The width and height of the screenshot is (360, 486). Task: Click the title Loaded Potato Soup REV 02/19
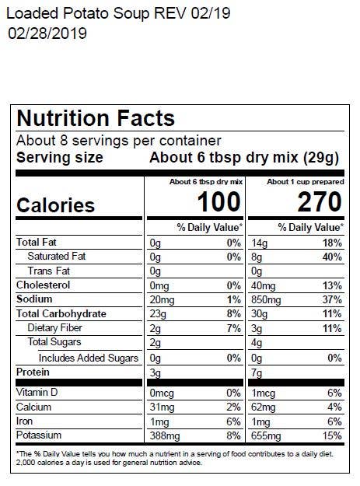112,14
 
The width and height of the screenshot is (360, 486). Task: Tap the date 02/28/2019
47,33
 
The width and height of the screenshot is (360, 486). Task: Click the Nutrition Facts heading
96,118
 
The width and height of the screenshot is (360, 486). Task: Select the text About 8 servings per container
119,141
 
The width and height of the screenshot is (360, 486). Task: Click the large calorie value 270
319,202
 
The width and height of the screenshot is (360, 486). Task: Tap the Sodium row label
35,299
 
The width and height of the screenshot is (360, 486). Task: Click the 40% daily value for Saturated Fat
332,257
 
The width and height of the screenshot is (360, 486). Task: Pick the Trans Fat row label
48,271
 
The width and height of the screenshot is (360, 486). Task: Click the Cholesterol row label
44,285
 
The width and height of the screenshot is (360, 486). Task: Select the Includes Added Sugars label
88,358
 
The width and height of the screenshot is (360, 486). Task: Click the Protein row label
34,372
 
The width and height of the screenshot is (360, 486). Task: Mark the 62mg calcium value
261,407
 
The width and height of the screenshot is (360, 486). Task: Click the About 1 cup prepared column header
304,182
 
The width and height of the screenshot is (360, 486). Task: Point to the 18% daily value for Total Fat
332,243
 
